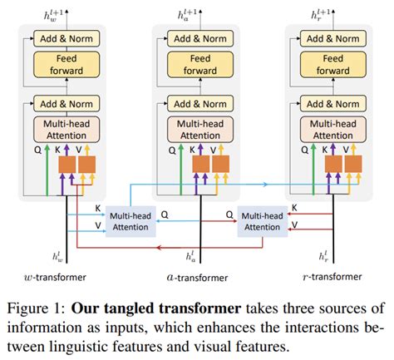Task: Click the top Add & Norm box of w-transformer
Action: pyautogui.click(x=67, y=38)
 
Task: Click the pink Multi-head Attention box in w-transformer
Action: pyautogui.click(x=67, y=129)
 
